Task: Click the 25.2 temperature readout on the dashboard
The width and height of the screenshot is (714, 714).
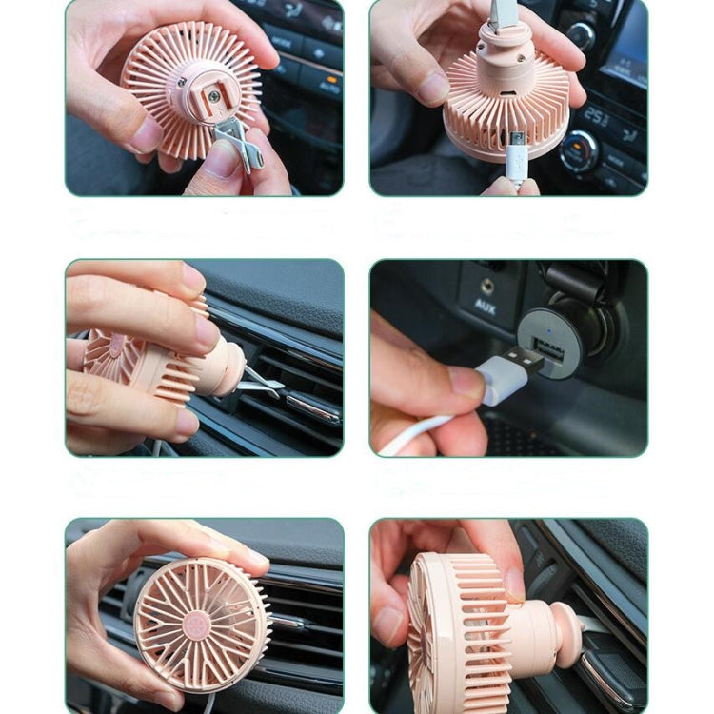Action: (596, 117)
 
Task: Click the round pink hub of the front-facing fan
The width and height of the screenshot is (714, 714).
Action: (200, 625)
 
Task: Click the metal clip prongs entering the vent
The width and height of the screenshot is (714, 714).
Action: (263, 381)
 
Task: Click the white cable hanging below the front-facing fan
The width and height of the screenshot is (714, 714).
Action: (208, 703)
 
